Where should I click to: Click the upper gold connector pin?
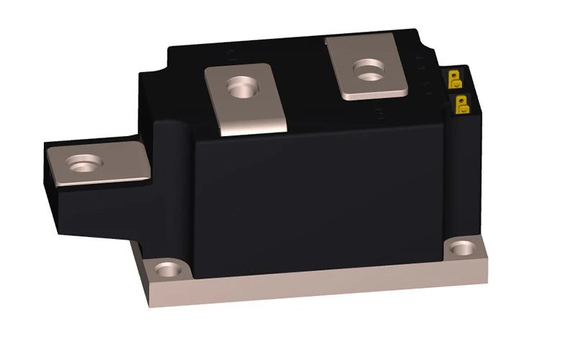pyautogui.click(x=456, y=77)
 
